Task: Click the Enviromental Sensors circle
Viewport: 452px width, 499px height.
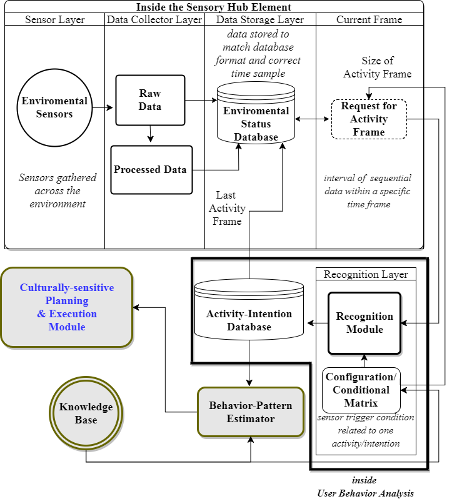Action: click(54, 107)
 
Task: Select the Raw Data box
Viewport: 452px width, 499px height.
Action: click(150, 100)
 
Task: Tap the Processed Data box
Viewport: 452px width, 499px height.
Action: click(150, 169)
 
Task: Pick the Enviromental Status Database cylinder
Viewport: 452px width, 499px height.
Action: click(256, 119)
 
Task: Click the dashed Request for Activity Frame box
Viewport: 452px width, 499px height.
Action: click(369, 119)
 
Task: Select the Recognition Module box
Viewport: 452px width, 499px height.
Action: click(364, 323)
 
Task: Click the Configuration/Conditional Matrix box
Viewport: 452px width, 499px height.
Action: click(361, 390)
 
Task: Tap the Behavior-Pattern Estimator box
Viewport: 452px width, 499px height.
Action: click(251, 412)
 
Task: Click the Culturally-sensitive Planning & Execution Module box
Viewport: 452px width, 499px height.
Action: click(67, 307)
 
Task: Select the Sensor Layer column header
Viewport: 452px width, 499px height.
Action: click(54, 19)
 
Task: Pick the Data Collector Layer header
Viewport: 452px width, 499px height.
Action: click(154, 19)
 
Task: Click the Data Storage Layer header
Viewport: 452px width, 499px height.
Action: click(260, 19)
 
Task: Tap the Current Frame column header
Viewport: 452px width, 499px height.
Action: click(369, 19)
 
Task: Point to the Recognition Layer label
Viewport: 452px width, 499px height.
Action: click(366, 274)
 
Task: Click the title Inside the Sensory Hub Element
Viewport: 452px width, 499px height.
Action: click(214, 7)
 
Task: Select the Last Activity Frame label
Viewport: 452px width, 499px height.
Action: click(228, 208)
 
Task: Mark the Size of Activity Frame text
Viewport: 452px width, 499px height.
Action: click(378, 67)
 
